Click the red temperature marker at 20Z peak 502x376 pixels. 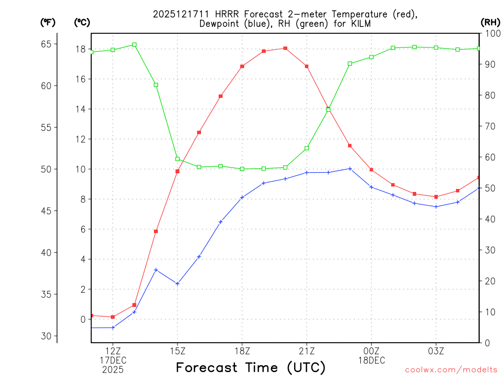285,48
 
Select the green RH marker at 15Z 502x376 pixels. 177,159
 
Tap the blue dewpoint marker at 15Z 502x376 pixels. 177,283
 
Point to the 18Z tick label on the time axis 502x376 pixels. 242,351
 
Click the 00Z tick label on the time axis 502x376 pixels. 371,351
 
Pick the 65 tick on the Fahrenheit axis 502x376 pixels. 46,44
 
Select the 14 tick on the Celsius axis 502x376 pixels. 80,109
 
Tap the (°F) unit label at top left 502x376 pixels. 48,22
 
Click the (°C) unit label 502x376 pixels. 82,22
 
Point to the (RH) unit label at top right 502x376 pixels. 490,22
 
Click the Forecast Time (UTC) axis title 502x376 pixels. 251,367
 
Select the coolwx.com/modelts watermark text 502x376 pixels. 451,370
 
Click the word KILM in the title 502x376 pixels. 360,23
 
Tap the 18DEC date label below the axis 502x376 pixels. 371,360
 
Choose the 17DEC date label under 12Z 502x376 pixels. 113,360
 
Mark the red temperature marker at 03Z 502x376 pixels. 436,197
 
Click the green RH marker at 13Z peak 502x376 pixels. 134,45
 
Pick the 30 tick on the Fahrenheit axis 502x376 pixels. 46,336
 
